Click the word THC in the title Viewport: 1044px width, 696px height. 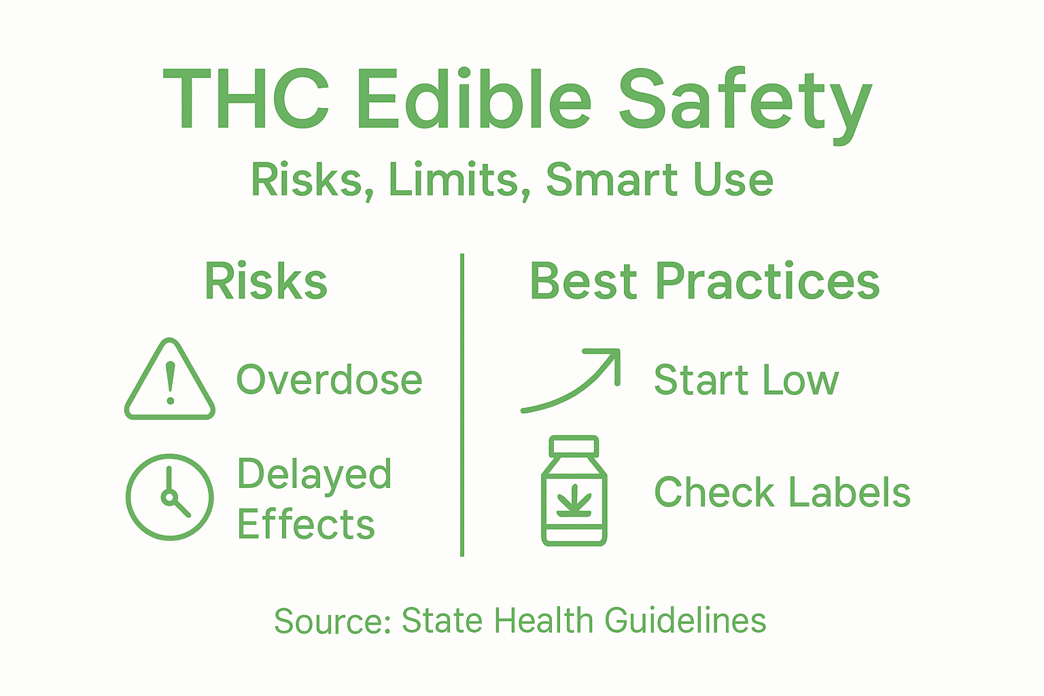[x=246, y=100]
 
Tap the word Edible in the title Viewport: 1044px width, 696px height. [x=474, y=100]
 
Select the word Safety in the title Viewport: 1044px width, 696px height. [x=744, y=102]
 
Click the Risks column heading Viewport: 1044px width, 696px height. [x=266, y=282]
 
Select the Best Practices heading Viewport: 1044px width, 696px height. [x=704, y=282]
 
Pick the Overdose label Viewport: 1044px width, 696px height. [x=329, y=380]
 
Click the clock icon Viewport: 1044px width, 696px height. [x=170, y=497]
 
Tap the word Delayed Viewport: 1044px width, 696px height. [x=314, y=474]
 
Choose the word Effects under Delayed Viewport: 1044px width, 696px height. [x=306, y=525]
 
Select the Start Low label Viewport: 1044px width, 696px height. [x=746, y=380]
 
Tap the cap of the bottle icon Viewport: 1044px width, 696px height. [x=574, y=446]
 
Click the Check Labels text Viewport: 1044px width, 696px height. [x=782, y=492]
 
